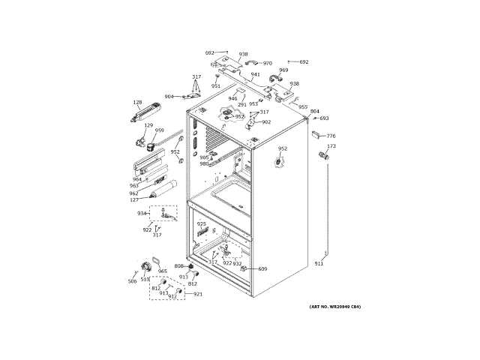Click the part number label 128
point(137,103)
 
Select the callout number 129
point(148,126)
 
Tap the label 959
point(159,130)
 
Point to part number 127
point(133,199)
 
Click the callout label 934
point(141,214)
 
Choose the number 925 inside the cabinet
point(201,223)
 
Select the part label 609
point(262,268)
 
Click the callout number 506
point(132,281)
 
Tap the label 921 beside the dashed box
point(198,294)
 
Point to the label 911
point(319,264)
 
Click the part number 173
point(331,146)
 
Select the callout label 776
point(331,136)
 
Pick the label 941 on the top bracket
point(255,74)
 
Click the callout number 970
point(267,64)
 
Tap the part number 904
point(169,97)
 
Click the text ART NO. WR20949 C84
point(335,307)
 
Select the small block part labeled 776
point(315,135)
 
